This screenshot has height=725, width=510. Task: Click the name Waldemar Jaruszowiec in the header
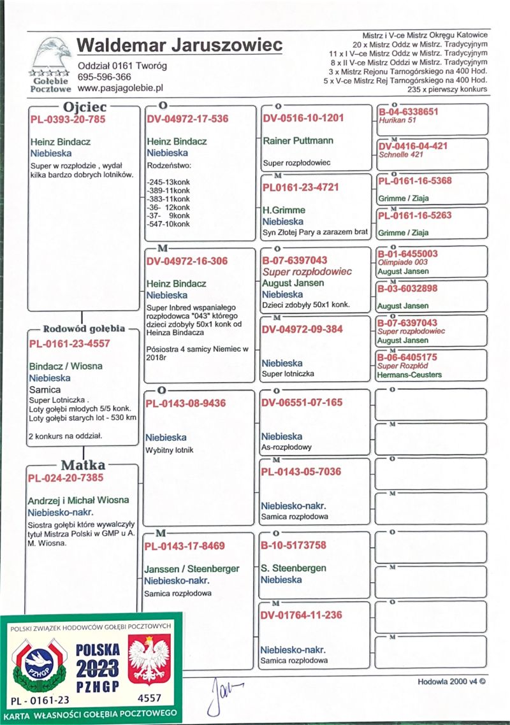(179, 47)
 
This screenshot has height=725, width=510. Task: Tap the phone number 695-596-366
(105, 76)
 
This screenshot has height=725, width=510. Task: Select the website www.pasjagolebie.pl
(121, 87)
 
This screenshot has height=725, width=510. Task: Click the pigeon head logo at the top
(52, 54)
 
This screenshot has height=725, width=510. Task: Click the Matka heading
(83, 465)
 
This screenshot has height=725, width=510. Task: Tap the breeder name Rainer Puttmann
(298, 140)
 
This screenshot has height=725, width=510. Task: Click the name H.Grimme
(284, 210)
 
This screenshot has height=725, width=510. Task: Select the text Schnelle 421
(400, 154)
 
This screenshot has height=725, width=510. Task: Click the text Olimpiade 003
(403, 262)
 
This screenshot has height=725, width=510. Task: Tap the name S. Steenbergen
(293, 568)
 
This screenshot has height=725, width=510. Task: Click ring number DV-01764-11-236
(301, 615)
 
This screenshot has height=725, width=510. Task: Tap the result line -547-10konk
(168, 224)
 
